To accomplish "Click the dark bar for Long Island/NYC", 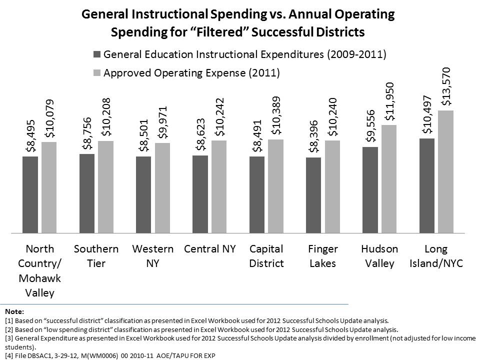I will click(426, 185).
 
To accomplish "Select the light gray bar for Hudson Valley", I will click(388, 179).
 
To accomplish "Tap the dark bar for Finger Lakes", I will click(313, 195).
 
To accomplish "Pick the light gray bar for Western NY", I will click(162, 188).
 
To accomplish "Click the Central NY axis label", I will click(209, 249).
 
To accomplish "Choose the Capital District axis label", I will click(266, 256).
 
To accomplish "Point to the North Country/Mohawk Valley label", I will click(39, 270).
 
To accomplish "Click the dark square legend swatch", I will click(96, 54).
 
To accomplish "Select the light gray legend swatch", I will click(96, 73).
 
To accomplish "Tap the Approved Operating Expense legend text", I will click(191, 73).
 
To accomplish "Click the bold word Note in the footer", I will click(10, 311).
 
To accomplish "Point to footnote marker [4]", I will click(7, 355).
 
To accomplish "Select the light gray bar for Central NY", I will click(219, 186).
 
